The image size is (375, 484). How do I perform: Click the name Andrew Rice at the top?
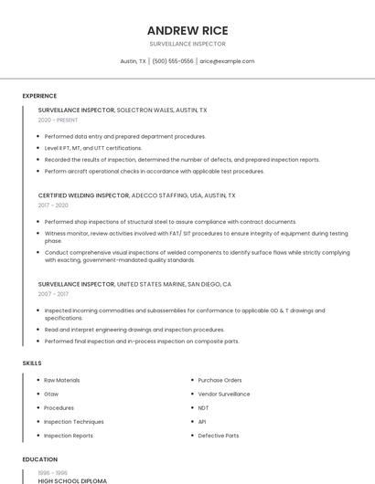click(187, 30)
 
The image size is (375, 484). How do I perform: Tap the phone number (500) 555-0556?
click(173, 61)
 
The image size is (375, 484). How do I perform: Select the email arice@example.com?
click(227, 61)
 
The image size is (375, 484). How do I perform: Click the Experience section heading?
click(39, 96)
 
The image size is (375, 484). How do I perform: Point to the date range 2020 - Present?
click(58, 120)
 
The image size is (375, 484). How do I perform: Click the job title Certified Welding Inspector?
click(83, 195)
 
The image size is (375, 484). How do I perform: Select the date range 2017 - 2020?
click(53, 205)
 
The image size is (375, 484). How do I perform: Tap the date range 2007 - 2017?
click(53, 294)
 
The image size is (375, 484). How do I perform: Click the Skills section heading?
click(32, 363)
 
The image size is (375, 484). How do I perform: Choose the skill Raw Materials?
click(62, 380)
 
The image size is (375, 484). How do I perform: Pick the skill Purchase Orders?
click(220, 380)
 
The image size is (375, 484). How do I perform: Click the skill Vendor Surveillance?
click(223, 394)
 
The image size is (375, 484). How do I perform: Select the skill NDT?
click(203, 408)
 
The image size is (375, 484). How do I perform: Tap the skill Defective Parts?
click(218, 436)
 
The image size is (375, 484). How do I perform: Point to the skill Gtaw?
click(51, 394)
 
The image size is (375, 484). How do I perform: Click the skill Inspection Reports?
click(68, 436)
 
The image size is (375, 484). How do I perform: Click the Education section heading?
click(39, 459)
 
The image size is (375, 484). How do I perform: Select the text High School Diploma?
click(72, 480)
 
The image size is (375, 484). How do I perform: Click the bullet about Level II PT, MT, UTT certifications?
click(93, 148)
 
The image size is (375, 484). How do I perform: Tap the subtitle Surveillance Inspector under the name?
click(187, 44)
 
